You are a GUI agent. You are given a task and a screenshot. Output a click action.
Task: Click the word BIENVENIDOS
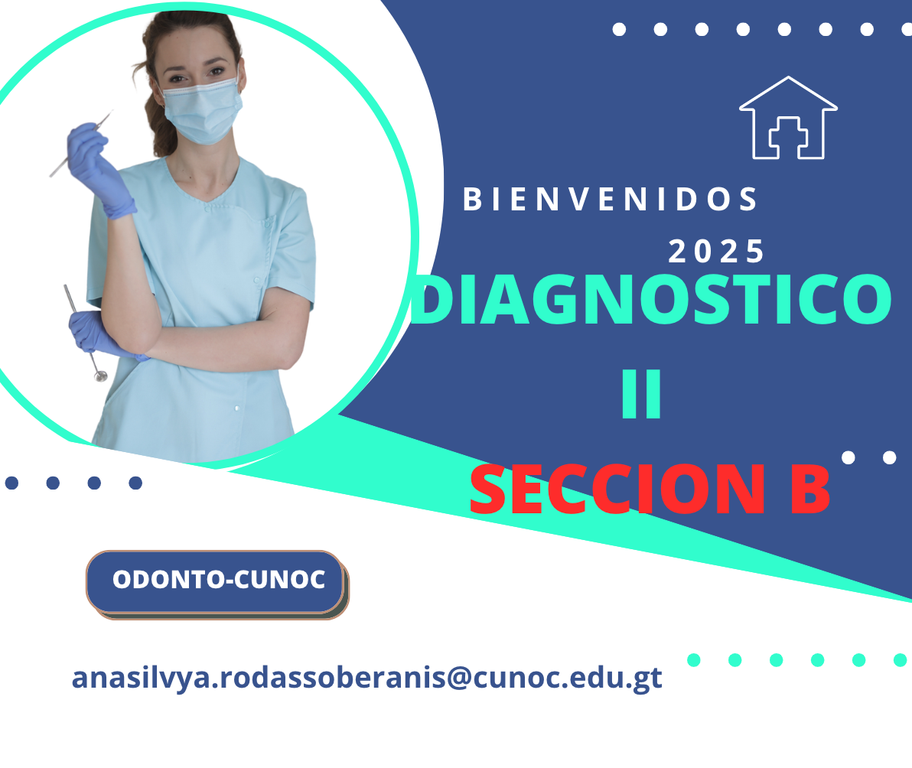pos(610,200)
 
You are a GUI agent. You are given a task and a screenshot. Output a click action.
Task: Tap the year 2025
pos(716,252)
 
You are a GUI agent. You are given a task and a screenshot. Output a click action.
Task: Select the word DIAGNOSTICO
pos(651,299)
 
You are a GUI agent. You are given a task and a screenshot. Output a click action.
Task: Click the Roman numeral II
pos(642,394)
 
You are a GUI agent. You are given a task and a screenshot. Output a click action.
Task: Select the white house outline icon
pos(788,118)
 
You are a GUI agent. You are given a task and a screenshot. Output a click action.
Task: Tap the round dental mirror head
pos(101,376)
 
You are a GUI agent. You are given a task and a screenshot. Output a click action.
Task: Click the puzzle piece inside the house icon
pos(788,137)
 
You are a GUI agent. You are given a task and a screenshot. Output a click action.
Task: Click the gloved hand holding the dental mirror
pos(99,334)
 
